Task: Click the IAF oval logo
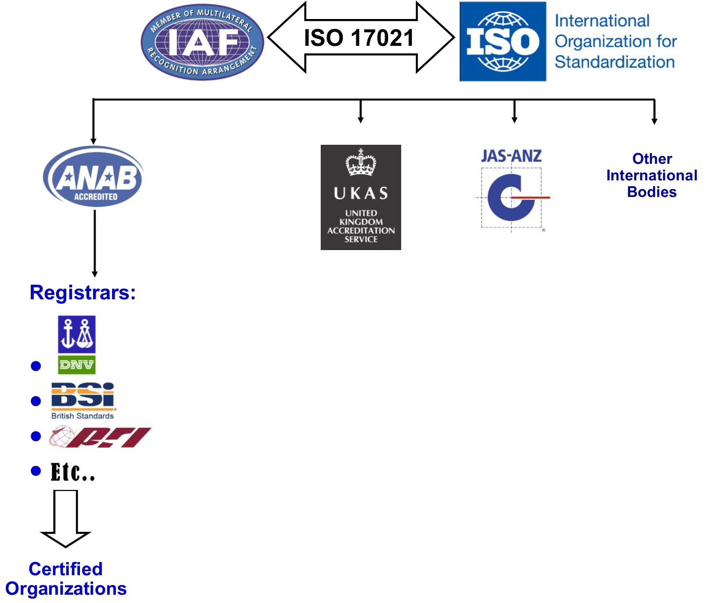point(202,42)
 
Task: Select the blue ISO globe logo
point(503,41)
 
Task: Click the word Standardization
point(615,62)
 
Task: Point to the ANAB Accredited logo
point(94,177)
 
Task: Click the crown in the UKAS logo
point(361,162)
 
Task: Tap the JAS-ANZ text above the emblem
point(511,156)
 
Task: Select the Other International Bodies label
point(652,175)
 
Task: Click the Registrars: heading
point(83,292)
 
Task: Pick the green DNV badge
point(77,365)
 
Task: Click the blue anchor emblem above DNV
point(77,334)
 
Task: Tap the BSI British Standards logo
point(83,400)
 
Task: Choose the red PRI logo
point(101,437)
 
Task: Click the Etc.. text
point(73,472)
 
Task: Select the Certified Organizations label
point(66,579)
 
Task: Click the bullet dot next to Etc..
point(36,471)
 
